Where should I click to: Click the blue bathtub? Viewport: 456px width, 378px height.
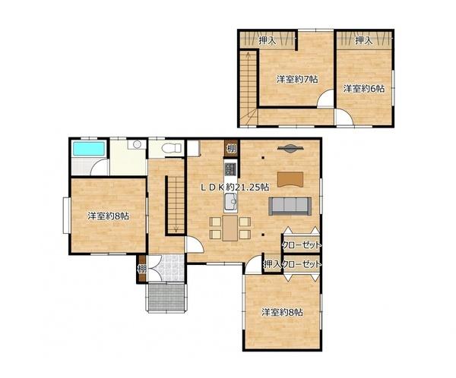pos(89,148)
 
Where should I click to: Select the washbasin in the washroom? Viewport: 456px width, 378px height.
pos(137,144)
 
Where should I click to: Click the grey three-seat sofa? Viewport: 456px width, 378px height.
pos(290,206)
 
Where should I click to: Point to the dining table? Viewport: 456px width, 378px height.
pos(230,228)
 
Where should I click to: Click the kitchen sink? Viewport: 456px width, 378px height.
pos(230,202)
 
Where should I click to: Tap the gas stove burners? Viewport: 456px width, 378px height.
pos(230,169)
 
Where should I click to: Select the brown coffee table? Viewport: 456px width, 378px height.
pos(290,179)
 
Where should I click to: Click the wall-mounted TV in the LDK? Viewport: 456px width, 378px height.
pos(290,149)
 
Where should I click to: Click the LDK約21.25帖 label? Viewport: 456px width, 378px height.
pos(235,187)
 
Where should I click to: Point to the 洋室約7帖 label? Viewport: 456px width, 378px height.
pos(297,79)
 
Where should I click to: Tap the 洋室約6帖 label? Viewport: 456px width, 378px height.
pos(363,88)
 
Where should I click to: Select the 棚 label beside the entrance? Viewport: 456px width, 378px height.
pos(141,269)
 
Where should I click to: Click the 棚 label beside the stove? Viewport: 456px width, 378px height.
pos(231,149)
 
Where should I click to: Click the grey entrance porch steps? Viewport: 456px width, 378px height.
pos(166,298)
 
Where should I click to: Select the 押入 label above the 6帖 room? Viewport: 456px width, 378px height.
pos(363,40)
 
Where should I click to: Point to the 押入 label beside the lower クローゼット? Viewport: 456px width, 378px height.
pos(271,264)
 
